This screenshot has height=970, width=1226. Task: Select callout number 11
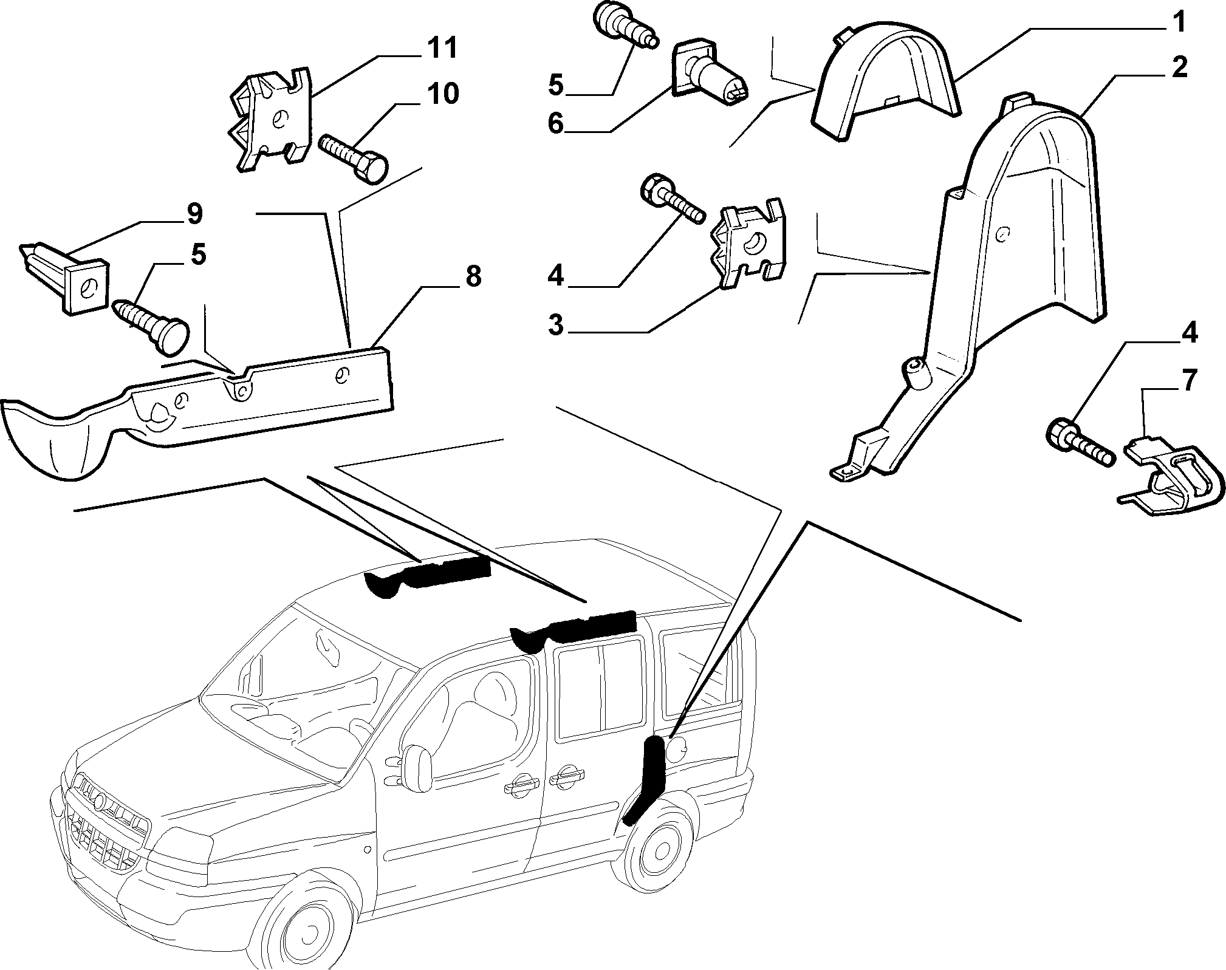pos(442,48)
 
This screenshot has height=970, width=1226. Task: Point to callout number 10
pos(442,94)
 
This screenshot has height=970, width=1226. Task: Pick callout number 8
pos(473,276)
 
